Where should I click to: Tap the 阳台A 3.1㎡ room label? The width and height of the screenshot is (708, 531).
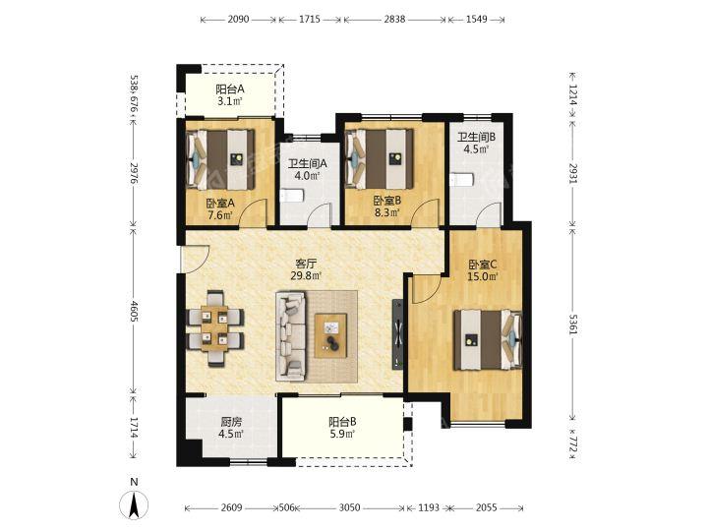(230, 94)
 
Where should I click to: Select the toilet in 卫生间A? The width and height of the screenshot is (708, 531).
(292, 196)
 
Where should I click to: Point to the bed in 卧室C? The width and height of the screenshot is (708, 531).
(488, 339)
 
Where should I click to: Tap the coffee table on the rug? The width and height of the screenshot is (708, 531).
(331, 335)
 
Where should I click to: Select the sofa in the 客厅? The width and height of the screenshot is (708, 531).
(290, 335)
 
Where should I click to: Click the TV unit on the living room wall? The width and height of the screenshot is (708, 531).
(398, 334)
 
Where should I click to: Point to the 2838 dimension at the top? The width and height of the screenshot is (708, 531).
(394, 20)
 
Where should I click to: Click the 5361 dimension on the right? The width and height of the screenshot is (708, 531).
(572, 324)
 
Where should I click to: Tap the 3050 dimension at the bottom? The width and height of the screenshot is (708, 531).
(350, 507)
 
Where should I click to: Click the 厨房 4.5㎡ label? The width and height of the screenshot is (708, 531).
(232, 428)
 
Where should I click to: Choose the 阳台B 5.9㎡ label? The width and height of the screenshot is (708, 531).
(342, 428)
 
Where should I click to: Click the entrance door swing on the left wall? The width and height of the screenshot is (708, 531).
(195, 260)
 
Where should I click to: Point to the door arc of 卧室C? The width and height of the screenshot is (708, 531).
(427, 289)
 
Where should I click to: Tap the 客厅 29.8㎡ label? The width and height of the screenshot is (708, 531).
(306, 269)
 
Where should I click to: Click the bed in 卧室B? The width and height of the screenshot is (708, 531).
(380, 159)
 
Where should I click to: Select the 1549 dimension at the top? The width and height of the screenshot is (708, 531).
(476, 20)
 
